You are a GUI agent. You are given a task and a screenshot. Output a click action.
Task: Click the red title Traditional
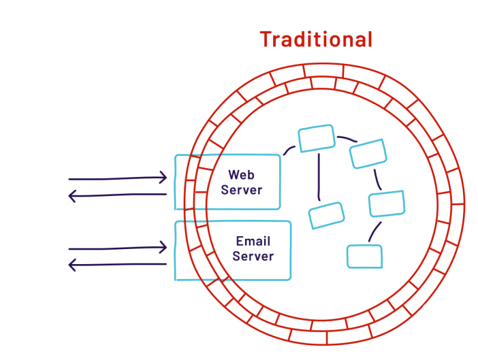click(x=316, y=39)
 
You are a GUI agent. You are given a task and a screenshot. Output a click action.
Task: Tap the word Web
click(x=241, y=174)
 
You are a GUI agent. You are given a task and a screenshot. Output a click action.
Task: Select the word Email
click(x=253, y=241)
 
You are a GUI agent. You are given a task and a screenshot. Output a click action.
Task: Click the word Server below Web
click(x=241, y=190)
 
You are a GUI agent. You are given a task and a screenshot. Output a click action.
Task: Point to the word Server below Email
click(x=253, y=257)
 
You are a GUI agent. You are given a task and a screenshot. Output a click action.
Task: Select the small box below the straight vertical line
click(x=326, y=215)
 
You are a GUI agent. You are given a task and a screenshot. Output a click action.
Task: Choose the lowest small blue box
click(x=364, y=256)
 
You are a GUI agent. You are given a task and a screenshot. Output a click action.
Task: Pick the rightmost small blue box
click(x=387, y=203)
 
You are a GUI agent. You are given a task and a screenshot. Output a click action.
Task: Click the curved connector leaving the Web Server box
click(x=289, y=150)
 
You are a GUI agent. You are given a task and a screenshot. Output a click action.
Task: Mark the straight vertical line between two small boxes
click(x=319, y=176)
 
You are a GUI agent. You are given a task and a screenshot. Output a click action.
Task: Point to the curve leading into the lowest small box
click(x=374, y=231)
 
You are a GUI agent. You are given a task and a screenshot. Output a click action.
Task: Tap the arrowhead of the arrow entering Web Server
click(x=163, y=178)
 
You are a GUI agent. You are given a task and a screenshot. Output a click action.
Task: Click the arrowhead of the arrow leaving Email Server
click(x=72, y=265)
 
